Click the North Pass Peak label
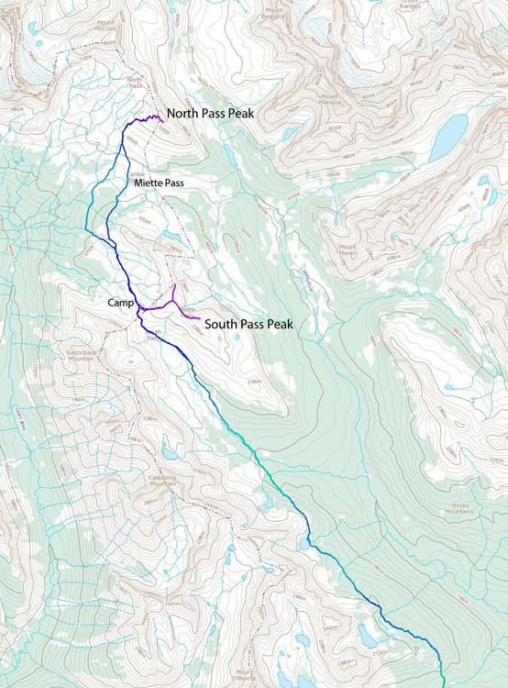coord(209,114)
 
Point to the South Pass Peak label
coord(253,324)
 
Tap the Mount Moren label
coord(349,249)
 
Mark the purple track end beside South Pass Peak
coord(200,320)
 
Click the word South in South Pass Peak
coord(220,324)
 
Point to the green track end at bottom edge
coord(443,683)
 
